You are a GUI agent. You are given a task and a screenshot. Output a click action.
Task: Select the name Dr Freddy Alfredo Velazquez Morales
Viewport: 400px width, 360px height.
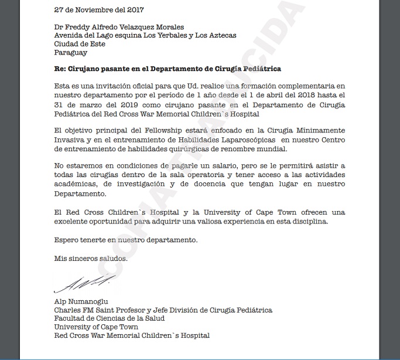[x=118, y=27]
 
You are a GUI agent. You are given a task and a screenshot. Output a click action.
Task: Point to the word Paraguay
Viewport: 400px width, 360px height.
[x=70, y=52]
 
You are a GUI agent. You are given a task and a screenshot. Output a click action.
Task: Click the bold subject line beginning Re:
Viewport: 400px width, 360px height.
[x=167, y=69]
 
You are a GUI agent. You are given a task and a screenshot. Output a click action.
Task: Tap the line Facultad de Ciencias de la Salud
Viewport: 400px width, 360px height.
[x=109, y=318]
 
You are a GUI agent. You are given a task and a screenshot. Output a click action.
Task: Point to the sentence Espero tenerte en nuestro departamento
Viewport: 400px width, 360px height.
[x=126, y=240]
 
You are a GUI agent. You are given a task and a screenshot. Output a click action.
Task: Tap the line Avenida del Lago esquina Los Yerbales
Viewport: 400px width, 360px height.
[x=145, y=35]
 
